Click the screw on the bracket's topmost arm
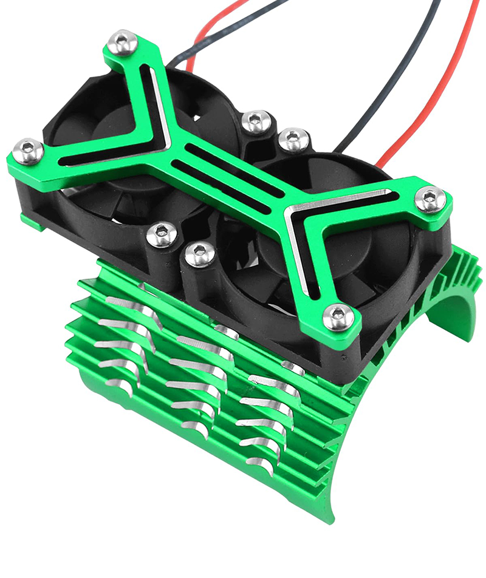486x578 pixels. [123, 43]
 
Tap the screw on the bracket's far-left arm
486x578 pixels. [28, 151]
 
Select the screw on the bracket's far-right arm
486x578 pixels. [431, 200]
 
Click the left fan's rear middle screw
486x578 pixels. [256, 121]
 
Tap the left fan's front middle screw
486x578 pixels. [162, 234]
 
